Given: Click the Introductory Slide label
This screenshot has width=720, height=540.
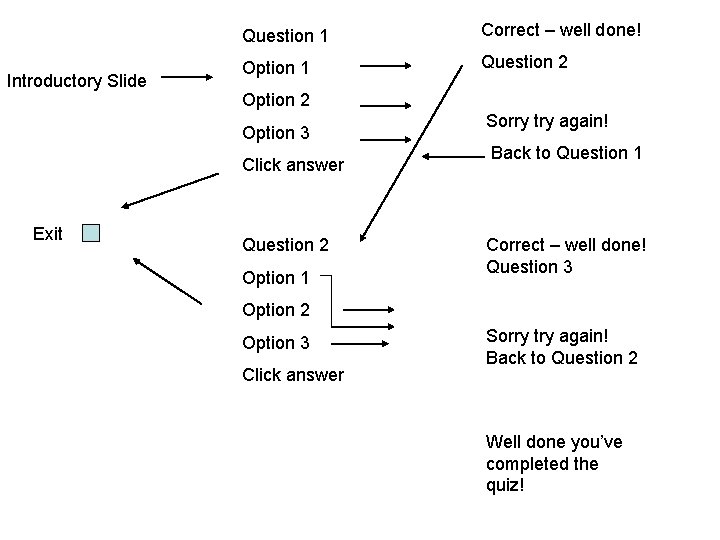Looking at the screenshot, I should pos(76,80).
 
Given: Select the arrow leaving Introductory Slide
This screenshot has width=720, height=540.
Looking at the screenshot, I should pos(190,77).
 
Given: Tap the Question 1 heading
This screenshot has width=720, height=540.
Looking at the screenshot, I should pos(285,36).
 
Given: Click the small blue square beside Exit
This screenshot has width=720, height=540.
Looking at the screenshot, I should pos(91,233).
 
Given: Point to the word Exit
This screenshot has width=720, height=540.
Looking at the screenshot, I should pos(47,234).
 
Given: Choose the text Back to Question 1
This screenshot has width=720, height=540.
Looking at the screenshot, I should pos(566,153).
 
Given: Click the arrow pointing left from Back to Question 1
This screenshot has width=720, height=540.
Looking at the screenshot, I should pos(455,155).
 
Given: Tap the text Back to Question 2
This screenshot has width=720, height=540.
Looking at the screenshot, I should pos(561,358).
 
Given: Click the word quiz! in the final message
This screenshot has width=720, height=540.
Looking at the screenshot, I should pos(506,486).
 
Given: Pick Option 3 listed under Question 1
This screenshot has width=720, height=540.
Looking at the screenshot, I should pos(276,133).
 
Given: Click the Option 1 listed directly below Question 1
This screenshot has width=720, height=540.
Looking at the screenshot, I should pos(276,68).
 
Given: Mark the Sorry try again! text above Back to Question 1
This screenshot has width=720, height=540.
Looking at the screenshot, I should pos(546,121).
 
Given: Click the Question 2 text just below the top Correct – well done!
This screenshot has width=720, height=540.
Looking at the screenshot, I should pos(524,62).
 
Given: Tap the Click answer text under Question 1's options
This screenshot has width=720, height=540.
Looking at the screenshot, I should pos(293,165).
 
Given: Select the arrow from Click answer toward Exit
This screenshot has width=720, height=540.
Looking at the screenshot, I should pos(168,191).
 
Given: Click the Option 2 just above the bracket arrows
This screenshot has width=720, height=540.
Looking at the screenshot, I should pos(276,310).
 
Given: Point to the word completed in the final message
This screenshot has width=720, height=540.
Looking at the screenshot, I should pos(541,464).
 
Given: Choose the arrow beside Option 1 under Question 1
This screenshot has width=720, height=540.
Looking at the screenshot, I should pos(386,66).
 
